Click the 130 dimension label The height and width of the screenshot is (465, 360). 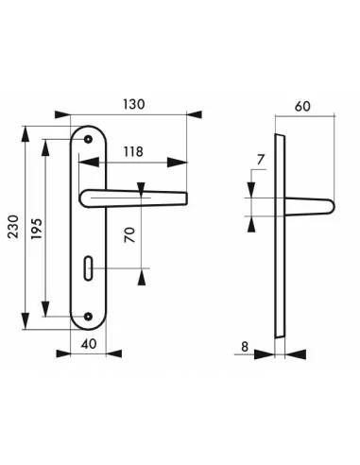tap(133, 104)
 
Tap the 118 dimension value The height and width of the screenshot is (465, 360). tap(133, 152)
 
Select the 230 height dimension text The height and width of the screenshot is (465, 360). tap(13, 227)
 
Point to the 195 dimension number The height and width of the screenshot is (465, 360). tap(37, 229)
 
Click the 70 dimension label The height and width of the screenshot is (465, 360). tap(129, 235)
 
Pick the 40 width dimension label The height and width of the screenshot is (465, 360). tap(89, 344)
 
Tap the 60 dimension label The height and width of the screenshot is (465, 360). tap(302, 107)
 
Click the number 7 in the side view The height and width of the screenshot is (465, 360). tap(260, 160)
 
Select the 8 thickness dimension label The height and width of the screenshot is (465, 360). tap(245, 347)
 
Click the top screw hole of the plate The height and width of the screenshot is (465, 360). tap(89, 139)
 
